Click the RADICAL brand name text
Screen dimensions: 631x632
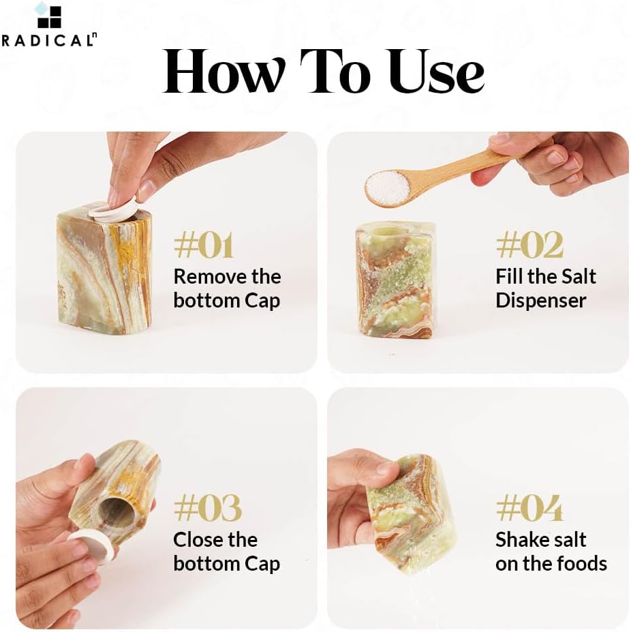pyautogui.click(x=49, y=40)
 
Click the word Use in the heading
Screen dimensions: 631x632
pyautogui.click(x=437, y=72)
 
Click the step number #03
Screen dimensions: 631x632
pyautogui.click(x=208, y=509)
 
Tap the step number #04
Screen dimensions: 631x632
pyautogui.click(x=529, y=509)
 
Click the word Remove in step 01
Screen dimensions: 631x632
pyautogui.click(x=209, y=277)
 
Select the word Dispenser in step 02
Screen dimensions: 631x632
pyautogui.click(x=541, y=301)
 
